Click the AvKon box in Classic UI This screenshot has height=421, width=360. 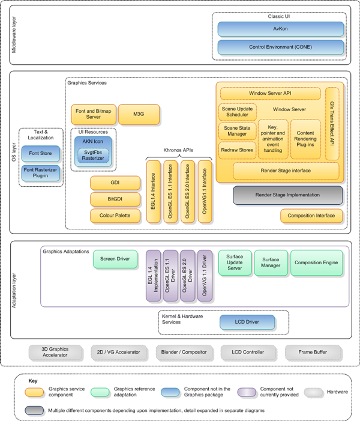tap(280, 29)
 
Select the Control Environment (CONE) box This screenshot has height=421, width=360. tap(280, 46)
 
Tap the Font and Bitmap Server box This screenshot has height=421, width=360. tap(92, 114)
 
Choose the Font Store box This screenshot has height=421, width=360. tap(41, 153)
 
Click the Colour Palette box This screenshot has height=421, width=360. tap(110, 214)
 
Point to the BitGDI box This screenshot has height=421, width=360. tap(110, 198)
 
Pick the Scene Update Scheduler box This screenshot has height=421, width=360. tap(237, 112)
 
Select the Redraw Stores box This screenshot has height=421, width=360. tap(237, 150)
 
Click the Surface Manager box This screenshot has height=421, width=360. tap(271, 262)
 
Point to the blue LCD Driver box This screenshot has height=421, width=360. tap(244, 322)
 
